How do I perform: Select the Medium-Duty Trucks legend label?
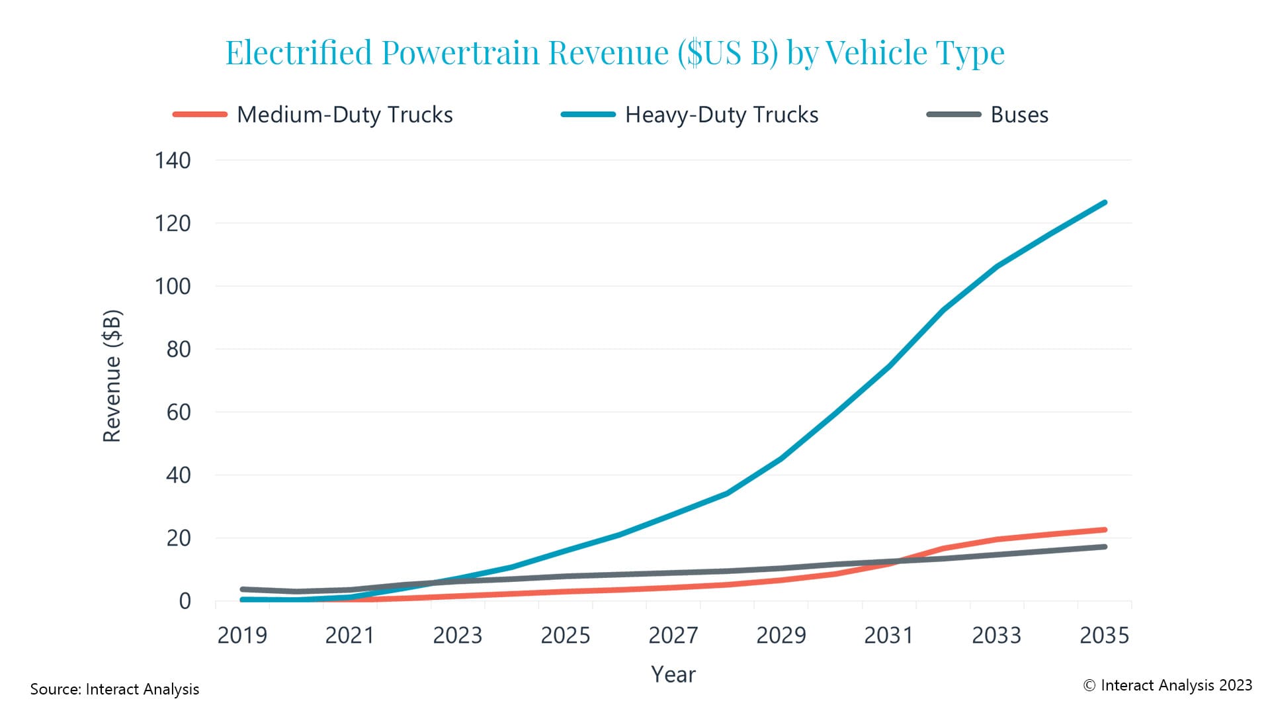(x=345, y=115)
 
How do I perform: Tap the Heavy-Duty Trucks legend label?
(x=722, y=115)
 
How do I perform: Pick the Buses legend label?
(x=1019, y=115)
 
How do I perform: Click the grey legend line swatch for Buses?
(x=953, y=115)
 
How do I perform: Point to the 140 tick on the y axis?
(x=173, y=160)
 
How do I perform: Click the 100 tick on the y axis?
(x=173, y=287)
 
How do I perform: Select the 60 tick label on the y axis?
(x=179, y=412)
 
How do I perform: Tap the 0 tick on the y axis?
(x=185, y=601)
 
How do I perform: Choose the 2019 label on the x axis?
(x=242, y=636)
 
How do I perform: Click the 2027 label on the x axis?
(x=673, y=636)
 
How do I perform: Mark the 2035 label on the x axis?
(x=1104, y=636)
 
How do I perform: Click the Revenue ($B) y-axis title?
(x=112, y=375)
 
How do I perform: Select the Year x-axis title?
(x=673, y=674)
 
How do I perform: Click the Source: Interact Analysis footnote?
(x=114, y=689)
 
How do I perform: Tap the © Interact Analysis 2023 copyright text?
(x=1167, y=685)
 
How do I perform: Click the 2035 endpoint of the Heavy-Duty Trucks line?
(x=1104, y=203)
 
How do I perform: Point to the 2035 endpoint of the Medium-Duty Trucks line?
(x=1104, y=530)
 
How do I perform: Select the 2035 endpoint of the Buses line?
(x=1104, y=547)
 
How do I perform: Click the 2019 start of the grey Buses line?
(x=243, y=589)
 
